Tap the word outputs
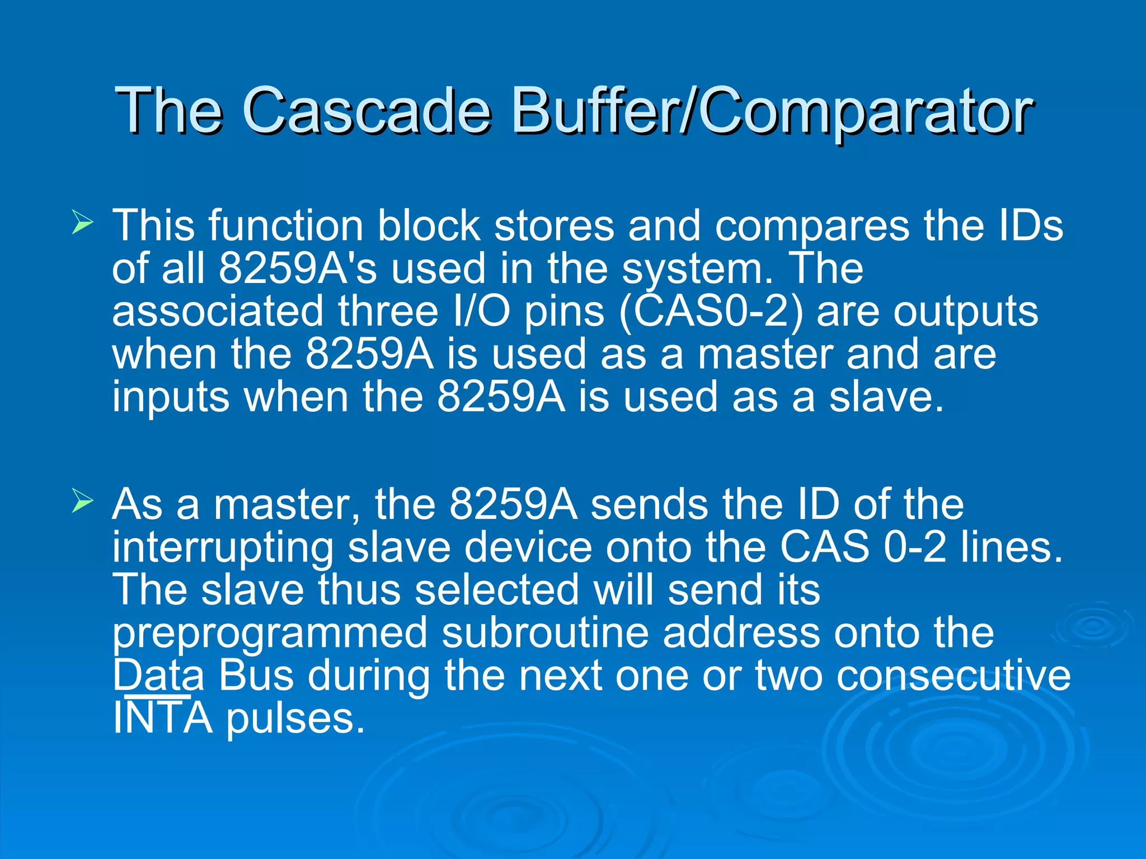click(965, 311)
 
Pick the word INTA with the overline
click(162, 718)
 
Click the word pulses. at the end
click(295, 719)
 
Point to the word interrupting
click(222, 549)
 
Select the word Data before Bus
click(158, 676)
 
